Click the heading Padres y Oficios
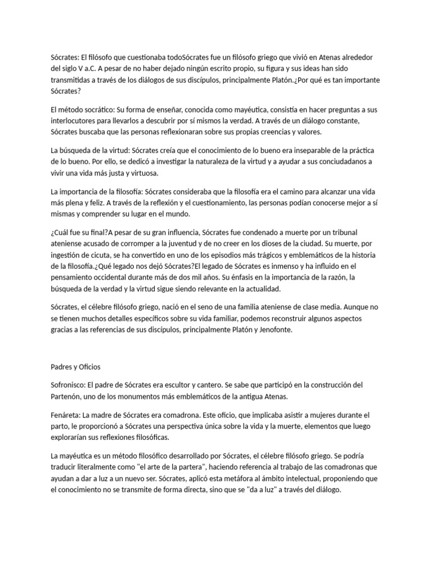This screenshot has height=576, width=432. click(75, 367)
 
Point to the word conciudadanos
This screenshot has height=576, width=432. click(327, 161)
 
